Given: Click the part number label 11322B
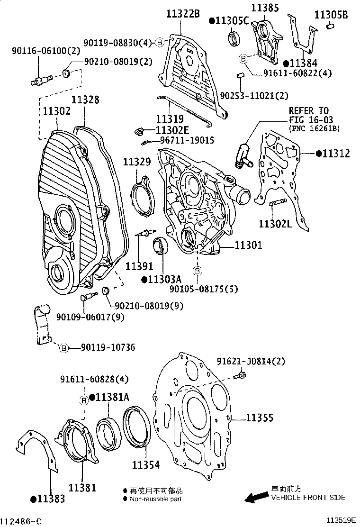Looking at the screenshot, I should (x=182, y=14).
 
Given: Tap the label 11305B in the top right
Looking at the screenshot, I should (x=331, y=15).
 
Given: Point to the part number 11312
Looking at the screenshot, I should (x=336, y=154).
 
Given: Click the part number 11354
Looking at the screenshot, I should (x=145, y=465).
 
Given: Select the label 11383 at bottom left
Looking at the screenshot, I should (x=50, y=499).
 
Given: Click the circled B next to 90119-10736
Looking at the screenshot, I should (x=64, y=348).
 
